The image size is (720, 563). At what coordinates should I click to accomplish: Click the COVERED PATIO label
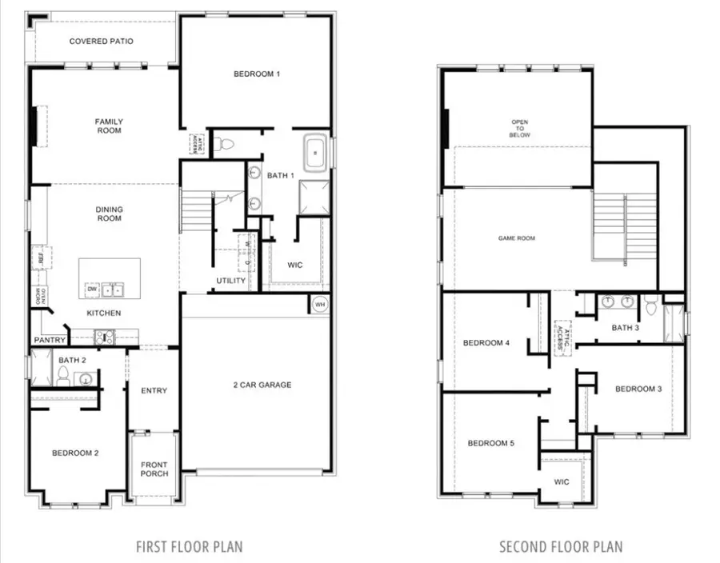[101, 41]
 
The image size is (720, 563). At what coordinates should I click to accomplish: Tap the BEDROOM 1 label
[257, 74]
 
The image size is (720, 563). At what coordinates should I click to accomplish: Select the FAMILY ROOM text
[109, 126]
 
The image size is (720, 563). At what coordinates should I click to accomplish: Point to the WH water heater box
[319, 305]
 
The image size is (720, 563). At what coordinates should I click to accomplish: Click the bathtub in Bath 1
[314, 150]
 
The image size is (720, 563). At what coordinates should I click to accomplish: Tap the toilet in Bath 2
[64, 374]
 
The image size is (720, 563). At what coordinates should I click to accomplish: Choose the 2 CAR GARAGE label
[262, 385]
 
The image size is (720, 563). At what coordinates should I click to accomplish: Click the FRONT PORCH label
[154, 469]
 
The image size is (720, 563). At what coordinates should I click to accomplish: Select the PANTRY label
[50, 340]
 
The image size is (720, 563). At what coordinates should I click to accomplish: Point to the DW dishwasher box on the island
[93, 289]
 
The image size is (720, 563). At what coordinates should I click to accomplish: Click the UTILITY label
[230, 281]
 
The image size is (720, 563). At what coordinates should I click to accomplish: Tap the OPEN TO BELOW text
[520, 129]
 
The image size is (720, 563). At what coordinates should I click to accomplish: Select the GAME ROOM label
[517, 238]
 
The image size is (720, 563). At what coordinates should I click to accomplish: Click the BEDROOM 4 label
[486, 343]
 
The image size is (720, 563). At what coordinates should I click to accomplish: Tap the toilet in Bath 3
[650, 303]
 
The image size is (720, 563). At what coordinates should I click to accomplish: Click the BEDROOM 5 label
[490, 443]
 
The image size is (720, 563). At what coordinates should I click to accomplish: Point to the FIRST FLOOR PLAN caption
[189, 547]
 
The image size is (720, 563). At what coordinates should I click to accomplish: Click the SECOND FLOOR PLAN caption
[560, 547]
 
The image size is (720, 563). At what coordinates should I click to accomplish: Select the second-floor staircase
[624, 224]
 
